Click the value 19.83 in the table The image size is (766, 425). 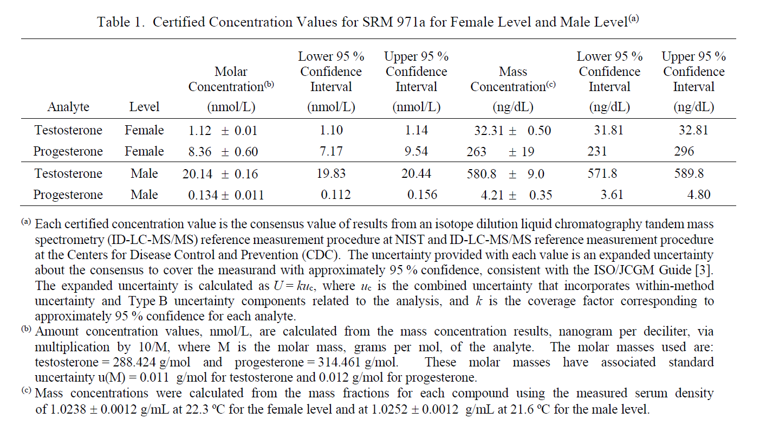tap(331, 173)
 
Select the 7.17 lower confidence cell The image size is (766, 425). tap(331, 151)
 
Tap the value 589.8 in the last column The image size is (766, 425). tap(689, 173)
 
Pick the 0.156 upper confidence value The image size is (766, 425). tap(422, 195)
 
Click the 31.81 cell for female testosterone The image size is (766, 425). tap(609, 130)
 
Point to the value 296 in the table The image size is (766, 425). tap(684, 151)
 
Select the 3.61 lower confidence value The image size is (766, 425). tap(612, 195)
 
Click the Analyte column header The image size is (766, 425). tap(68, 107)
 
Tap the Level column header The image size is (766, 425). tap(144, 107)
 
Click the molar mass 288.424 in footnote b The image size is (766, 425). tap(134, 362)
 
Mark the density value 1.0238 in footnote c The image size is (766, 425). tap(68, 409)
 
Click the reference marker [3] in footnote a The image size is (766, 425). tap(704, 271)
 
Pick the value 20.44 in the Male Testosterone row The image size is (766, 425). tap(416, 173)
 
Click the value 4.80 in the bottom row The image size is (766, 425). tap(699, 195)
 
